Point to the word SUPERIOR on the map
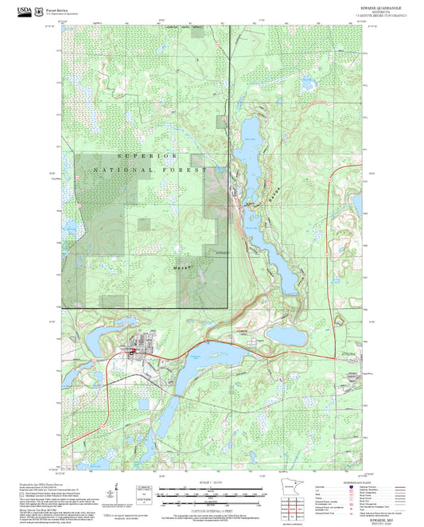pyautogui.click(x=146, y=156)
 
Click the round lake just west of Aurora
pyautogui.click(x=286, y=334)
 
